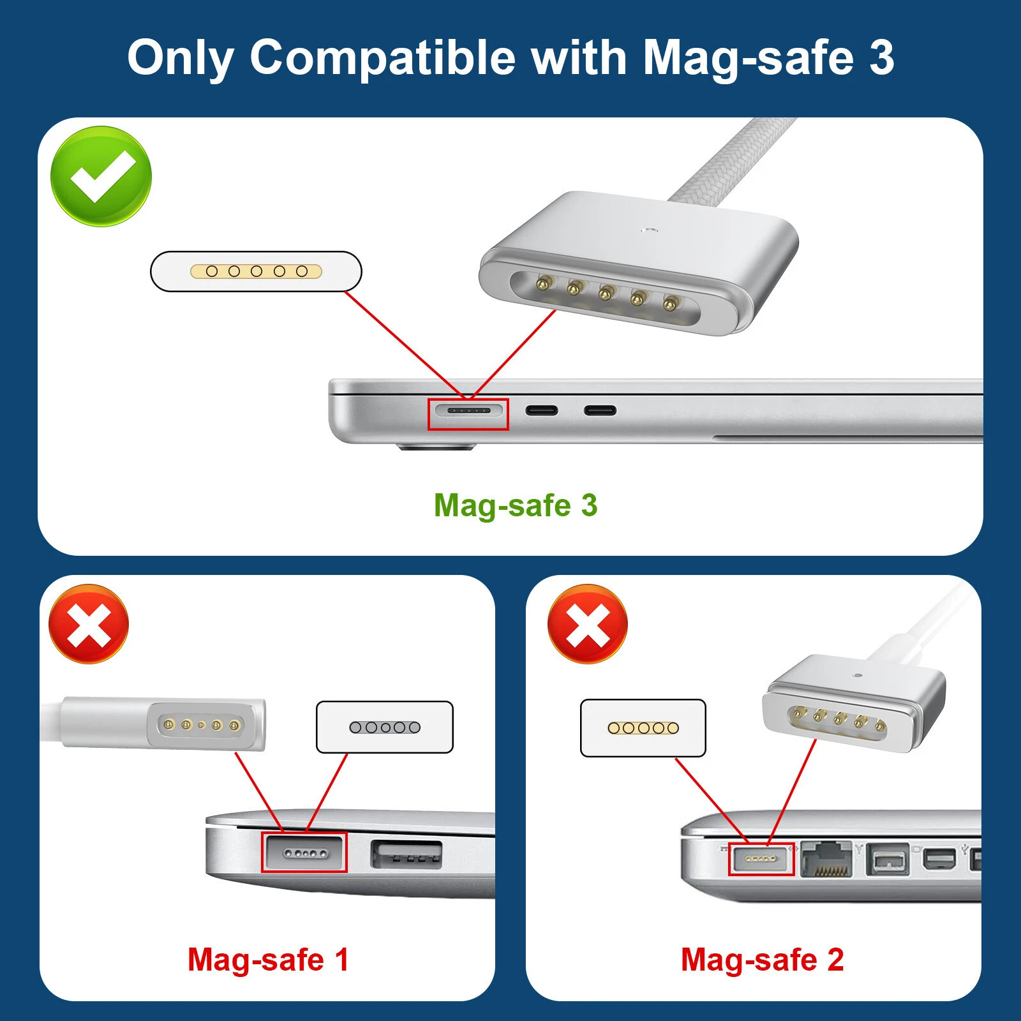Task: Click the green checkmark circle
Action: pyautogui.click(x=101, y=176)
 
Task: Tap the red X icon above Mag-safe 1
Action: pyautogui.click(x=89, y=624)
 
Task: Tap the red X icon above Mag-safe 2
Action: pyautogui.click(x=588, y=624)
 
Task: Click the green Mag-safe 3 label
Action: pyautogui.click(x=516, y=505)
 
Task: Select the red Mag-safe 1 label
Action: pyautogui.click(x=268, y=960)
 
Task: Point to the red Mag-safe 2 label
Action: pyautogui.click(x=762, y=960)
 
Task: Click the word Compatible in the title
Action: pyautogui.click(x=382, y=57)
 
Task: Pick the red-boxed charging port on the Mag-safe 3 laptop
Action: pyautogui.click(x=468, y=414)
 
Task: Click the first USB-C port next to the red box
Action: pyautogui.click(x=542, y=410)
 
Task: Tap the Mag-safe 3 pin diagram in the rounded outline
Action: pyautogui.click(x=256, y=271)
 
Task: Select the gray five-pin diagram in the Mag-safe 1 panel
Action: pyautogui.click(x=385, y=727)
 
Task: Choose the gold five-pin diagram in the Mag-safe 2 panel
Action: pyautogui.click(x=643, y=727)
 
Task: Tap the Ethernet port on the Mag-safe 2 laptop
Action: pyautogui.click(x=827, y=859)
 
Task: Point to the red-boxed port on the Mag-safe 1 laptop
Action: pyautogui.click(x=304, y=853)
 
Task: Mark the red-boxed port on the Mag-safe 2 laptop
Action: pyautogui.click(x=761, y=859)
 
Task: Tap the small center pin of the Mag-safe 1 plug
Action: pyautogui.click(x=202, y=725)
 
